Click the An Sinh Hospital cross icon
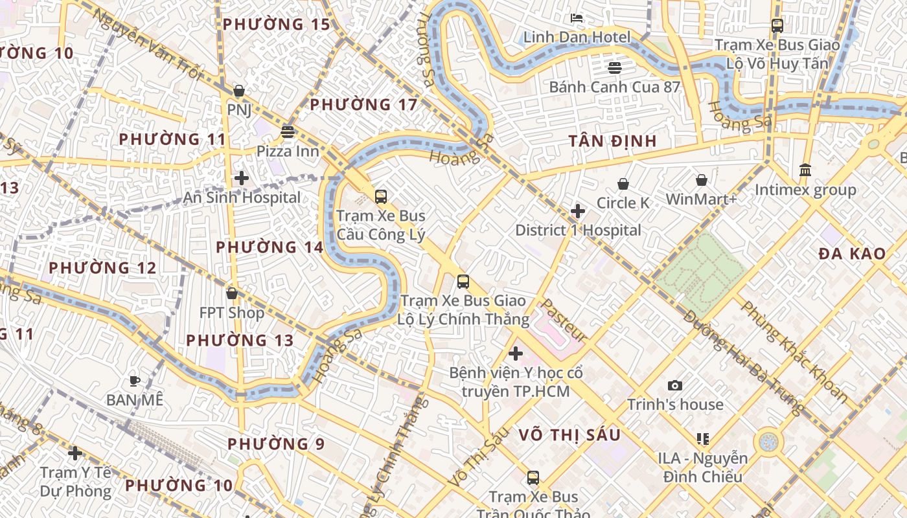tap(242, 178)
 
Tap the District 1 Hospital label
tap(578, 231)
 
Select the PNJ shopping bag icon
tap(238, 91)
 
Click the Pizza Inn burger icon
tap(288, 132)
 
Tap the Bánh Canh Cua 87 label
tap(614, 87)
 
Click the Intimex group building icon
tap(805, 170)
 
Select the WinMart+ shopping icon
tap(701, 180)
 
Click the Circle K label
tap(623, 203)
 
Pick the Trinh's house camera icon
tap(675, 385)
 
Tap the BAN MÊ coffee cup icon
tap(135, 381)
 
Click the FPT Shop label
tap(231, 313)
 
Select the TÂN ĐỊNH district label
tap(612, 141)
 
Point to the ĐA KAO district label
tap(851, 254)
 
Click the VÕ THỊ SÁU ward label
tap(569, 435)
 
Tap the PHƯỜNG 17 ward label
tap(363, 105)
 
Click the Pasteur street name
tap(564, 321)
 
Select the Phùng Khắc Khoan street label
tap(794, 350)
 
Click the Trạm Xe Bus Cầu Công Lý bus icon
tap(381, 197)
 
